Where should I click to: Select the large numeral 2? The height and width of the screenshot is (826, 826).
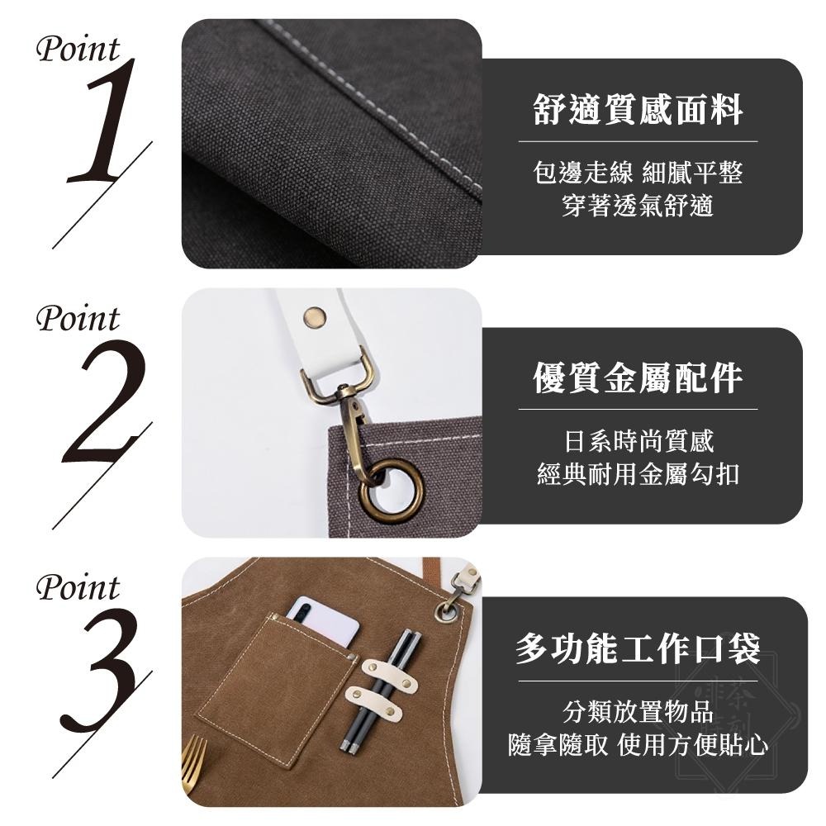[x=103, y=402]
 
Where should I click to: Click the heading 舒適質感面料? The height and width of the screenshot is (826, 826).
[x=638, y=110]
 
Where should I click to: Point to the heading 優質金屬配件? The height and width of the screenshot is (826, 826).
[x=638, y=377]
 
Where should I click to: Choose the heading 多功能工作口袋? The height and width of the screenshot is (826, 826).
[x=638, y=648]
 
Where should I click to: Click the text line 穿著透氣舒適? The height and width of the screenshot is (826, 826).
[x=638, y=206]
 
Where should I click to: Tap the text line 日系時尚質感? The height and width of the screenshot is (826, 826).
[x=638, y=442]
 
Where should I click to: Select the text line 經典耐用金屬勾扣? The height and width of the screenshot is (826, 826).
[x=638, y=475]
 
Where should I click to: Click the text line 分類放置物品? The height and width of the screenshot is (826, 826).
[x=638, y=712]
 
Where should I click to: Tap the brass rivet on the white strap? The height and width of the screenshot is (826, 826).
[x=314, y=315]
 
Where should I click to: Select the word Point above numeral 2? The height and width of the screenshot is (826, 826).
[x=78, y=319]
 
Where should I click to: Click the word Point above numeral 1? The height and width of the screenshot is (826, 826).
[x=78, y=50]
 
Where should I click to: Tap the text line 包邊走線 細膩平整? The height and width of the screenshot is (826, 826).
[x=638, y=173]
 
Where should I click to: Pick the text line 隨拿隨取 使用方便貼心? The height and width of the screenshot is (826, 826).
[x=638, y=745]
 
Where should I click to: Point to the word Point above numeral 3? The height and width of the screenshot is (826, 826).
[x=78, y=588]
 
